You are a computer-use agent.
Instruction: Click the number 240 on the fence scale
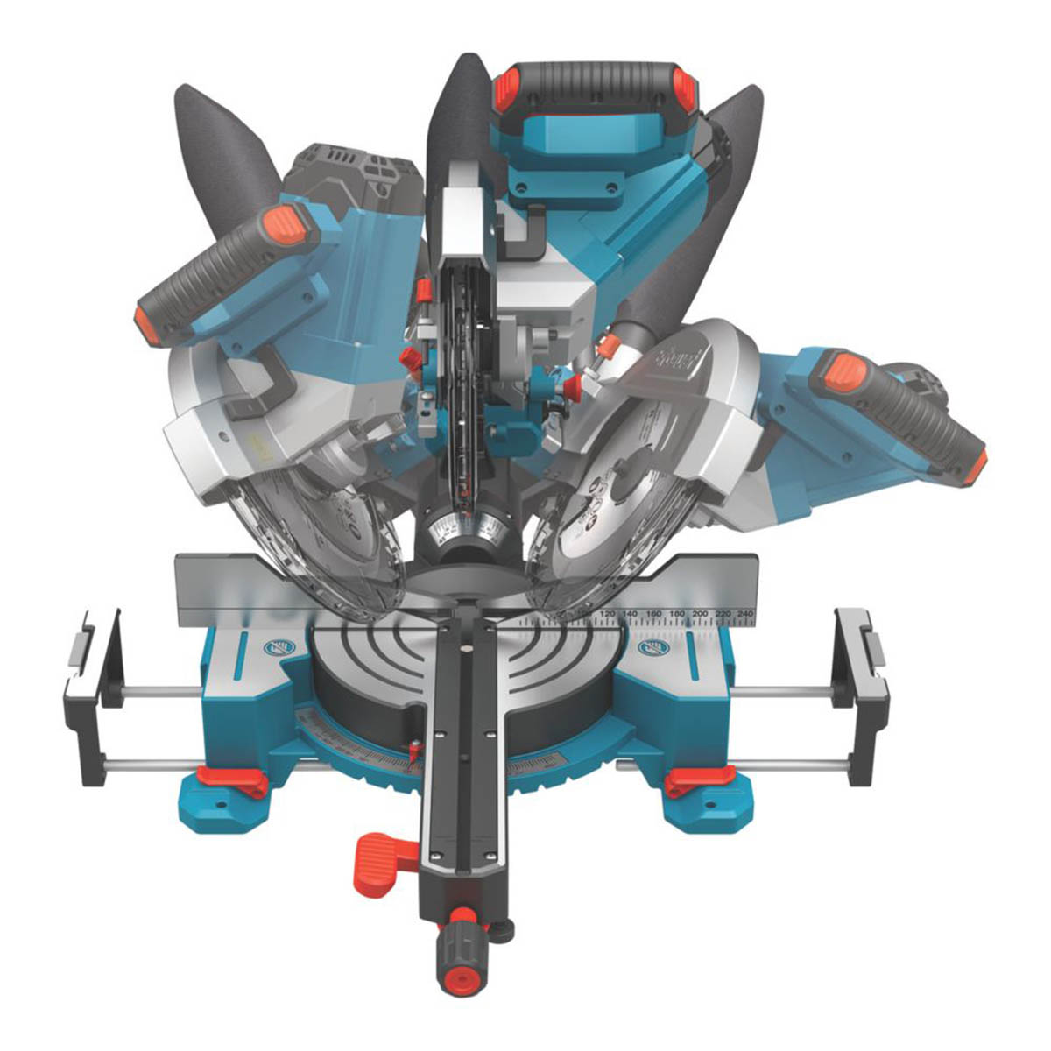[x=744, y=614]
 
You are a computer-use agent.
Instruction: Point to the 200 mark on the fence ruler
[x=699, y=614]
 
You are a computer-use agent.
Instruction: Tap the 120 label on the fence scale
[x=607, y=614]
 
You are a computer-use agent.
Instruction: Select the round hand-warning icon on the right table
[x=653, y=649]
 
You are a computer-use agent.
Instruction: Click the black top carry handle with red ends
[x=596, y=83]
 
